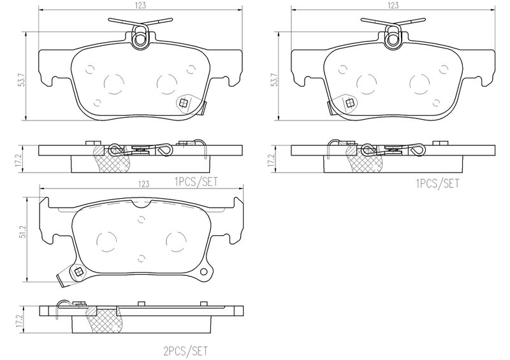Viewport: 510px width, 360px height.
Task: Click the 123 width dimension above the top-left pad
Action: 140,5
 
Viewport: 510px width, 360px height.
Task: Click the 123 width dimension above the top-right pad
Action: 393,5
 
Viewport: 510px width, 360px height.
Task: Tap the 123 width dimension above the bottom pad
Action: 143,184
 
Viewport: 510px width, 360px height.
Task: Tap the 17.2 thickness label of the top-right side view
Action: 273,161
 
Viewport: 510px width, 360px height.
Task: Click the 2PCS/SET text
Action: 185,351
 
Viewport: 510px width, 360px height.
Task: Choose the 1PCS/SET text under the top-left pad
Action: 196,182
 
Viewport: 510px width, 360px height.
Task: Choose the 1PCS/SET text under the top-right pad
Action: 437,184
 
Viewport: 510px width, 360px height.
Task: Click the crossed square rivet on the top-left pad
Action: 184,103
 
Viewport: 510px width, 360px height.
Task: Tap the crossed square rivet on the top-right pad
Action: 350,103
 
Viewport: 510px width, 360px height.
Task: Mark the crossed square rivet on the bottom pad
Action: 78,272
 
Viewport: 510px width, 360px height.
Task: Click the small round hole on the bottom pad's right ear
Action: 204,271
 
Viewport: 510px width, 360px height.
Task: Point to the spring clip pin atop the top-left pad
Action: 140,40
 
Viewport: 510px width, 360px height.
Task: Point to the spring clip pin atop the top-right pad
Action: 393,40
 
